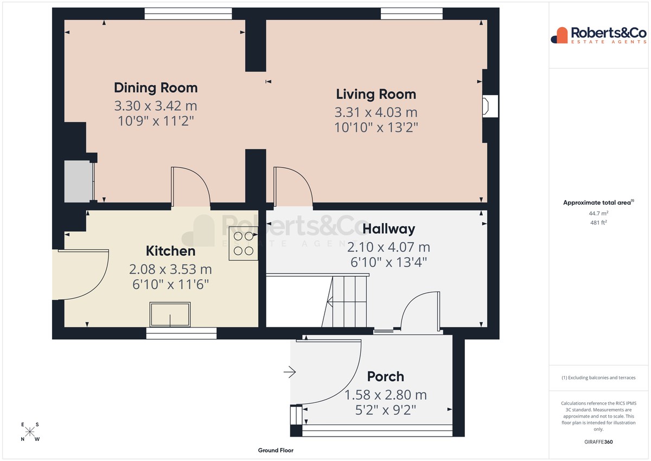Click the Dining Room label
click(156, 88)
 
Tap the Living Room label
click(376, 94)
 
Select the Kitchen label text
click(170, 251)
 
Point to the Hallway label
click(389, 229)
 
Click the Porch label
click(385, 377)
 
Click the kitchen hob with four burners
click(243, 243)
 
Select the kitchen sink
click(170, 314)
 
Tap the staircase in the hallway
click(344, 301)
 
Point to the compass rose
click(30, 432)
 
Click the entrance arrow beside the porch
click(290, 372)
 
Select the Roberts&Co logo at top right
click(599, 35)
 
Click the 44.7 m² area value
click(598, 213)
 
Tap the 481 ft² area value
click(598, 223)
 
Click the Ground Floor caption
click(276, 450)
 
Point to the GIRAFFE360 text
click(598, 442)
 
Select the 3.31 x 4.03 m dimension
click(376, 112)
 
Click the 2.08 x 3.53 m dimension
click(170, 269)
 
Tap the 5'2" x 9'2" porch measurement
click(385, 410)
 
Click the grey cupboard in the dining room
click(79, 181)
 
